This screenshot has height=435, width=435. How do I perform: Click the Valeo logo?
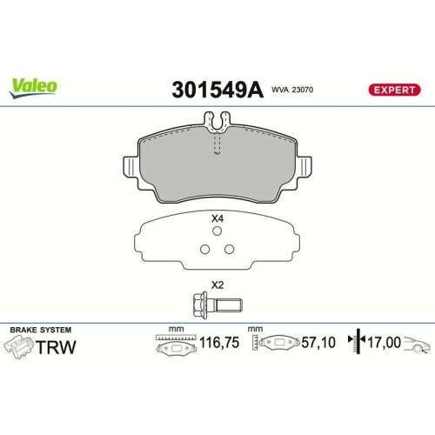click(x=33, y=85)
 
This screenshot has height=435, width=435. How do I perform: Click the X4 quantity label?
click(x=217, y=219)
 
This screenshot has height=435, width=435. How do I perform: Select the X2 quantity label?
click(x=217, y=284)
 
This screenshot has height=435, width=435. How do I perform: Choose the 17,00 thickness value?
click(x=384, y=345)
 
